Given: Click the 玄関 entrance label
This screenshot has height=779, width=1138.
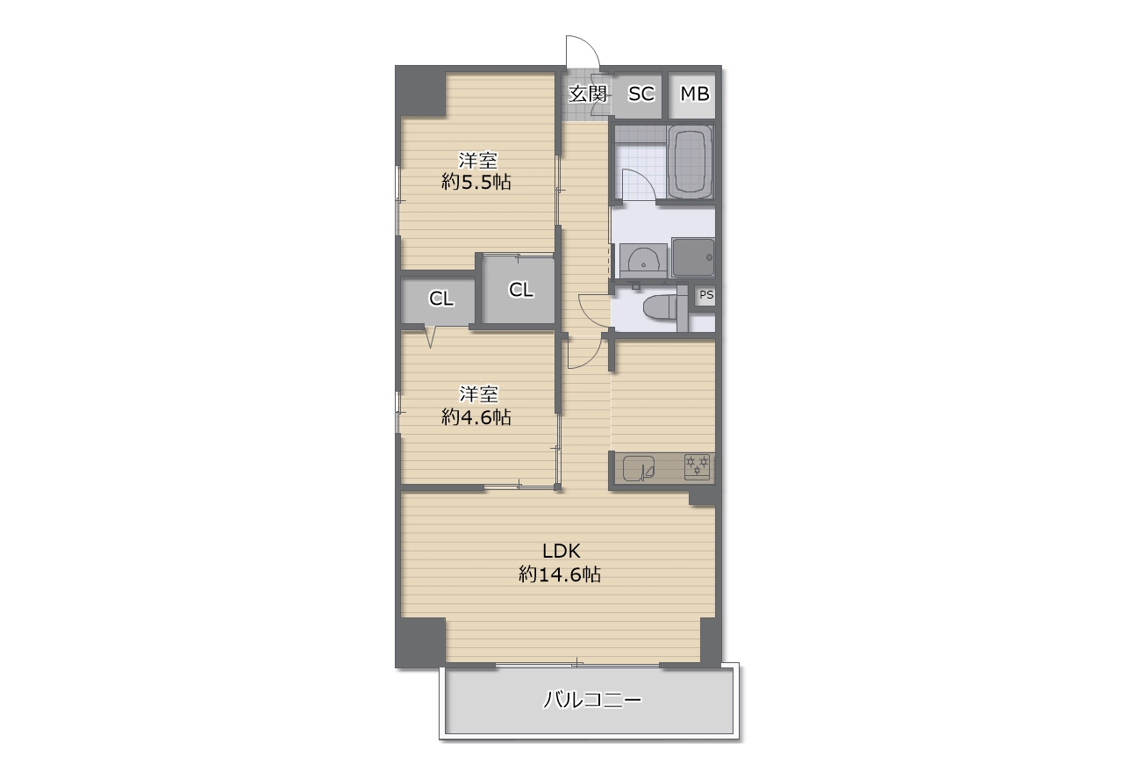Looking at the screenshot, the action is (x=588, y=94).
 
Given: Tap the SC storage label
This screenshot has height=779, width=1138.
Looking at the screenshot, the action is (x=641, y=94).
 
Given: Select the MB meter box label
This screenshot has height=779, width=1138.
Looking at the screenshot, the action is (x=695, y=94).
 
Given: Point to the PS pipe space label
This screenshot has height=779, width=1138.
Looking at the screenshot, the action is (x=706, y=294).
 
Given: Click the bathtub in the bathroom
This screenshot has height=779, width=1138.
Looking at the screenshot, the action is (x=690, y=162).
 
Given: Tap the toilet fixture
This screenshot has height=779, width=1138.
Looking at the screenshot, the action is (x=661, y=307).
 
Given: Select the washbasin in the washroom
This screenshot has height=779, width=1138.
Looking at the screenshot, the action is (x=643, y=261).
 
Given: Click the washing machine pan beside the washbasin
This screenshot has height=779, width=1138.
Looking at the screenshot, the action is (x=693, y=257).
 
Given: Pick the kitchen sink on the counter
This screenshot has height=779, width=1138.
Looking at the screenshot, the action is (x=639, y=468).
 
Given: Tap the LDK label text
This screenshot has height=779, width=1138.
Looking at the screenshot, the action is (x=561, y=551).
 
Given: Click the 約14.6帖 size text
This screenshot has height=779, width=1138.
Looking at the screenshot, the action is (x=560, y=574).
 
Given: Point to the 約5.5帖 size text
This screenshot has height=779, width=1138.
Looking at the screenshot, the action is (x=476, y=182).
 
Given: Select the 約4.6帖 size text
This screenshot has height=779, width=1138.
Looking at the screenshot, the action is (x=476, y=417).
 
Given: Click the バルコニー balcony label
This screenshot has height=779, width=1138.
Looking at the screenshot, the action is (x=593, y=700).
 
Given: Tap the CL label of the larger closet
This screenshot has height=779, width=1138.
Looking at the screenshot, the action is (x=520, y=290).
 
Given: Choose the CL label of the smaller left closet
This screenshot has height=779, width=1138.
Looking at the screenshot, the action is (x=441, y=299).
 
